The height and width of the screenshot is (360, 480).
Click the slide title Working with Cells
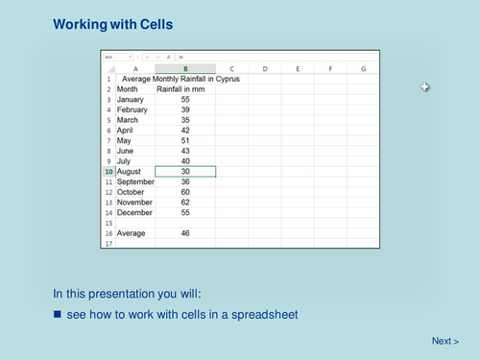coord(113,23)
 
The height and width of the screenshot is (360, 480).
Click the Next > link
coord(444,341)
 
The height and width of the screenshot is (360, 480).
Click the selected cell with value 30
coord(185,171)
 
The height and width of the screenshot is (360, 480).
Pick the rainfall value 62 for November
coord(185,203)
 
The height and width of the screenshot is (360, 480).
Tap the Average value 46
coord(185,233)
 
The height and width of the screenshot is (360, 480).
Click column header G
coord(363,68)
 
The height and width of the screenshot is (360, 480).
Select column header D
coord(264,68)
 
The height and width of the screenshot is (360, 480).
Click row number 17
coord(108,244)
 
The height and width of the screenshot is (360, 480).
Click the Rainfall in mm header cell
coord(181,89)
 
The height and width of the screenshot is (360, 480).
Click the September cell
coord(135,181)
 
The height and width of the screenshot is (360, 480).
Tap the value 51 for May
coord(185,140)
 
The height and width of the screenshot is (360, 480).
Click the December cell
coord(133,212)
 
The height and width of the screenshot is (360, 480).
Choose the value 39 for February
coord(185,109)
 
